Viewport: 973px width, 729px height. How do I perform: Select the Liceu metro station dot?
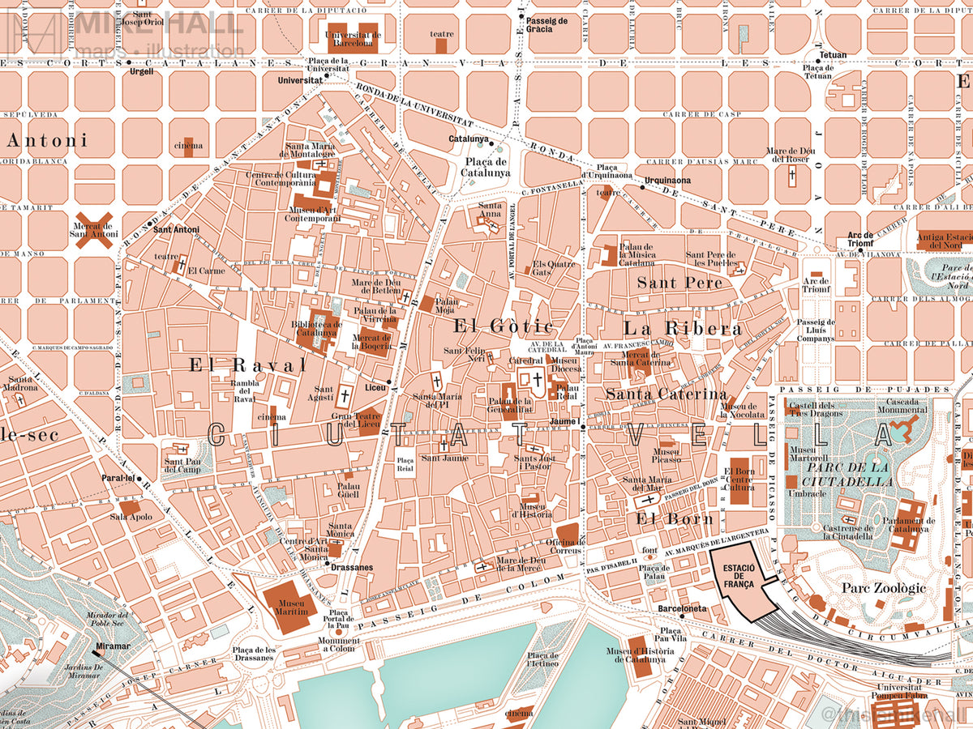pyautogui.click(x=390, y=382)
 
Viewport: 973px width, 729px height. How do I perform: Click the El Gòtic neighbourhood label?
pyautogui.click(x=504, y=326)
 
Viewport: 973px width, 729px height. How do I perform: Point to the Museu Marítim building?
pyautogui.click(x=290, y=602)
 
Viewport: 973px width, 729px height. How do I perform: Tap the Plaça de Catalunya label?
pyautogui.click(x=486, y=166)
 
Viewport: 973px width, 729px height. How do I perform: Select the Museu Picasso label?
pyautogui.click(x=668, y=454)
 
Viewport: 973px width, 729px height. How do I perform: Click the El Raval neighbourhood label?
pyautogui.click(x=247, y=365)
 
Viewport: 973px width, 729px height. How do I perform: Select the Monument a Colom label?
pyautogui.click(x=339, y=645)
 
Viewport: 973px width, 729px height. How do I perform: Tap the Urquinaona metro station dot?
pyautogui.click(x=641, y=187)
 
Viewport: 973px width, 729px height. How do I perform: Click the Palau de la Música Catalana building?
pyautogui.click(x=609, y=255)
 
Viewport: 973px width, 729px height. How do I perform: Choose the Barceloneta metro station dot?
pyautogui.click(x=682, y=616)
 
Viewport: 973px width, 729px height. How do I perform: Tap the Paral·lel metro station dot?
pyautogui.click(x=139, y=479)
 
